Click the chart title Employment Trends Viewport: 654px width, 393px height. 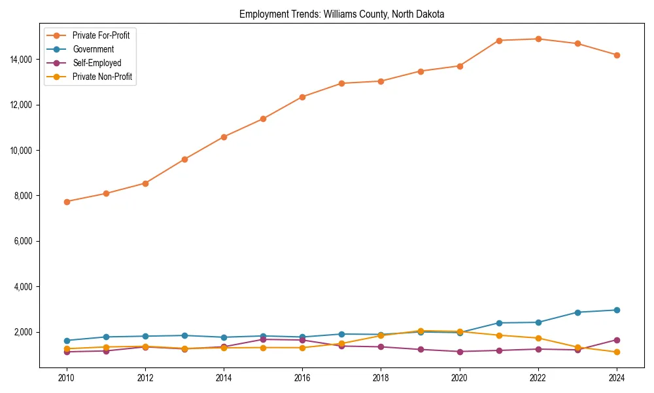tap(341, 14)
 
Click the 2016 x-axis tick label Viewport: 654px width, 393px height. tap(302, 378)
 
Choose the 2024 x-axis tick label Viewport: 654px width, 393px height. tap(617, 378)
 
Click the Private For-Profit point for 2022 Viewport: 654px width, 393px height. tap(538, 39)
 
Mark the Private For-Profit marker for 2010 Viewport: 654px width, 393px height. tap(67, 202)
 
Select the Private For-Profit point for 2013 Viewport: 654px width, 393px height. tap(184, 159)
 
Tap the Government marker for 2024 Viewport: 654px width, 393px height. tap(617, 310)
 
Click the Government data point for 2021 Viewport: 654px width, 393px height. tap(499, 323)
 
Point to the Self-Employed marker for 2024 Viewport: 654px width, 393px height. tap(617, 340)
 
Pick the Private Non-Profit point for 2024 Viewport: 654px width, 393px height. tap(617, 352)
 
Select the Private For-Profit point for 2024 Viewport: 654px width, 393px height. tap(617, 55)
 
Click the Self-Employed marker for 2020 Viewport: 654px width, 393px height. tap(460, 352)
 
